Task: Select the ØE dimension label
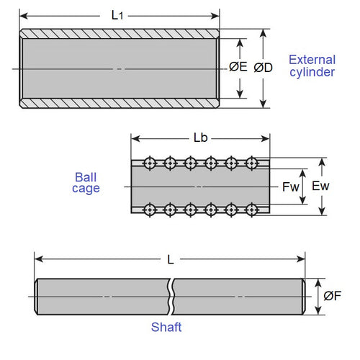coord(239,68)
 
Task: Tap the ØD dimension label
coord(264,68)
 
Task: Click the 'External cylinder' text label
coord(311,66)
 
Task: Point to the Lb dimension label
coord(201,137)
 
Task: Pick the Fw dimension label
coord(290,186)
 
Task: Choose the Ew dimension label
coord(320,186)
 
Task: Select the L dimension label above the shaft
coord(170,260)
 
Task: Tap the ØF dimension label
coord(332,296)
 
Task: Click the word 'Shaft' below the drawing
coord(166,328)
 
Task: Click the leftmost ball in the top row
coord(150,163)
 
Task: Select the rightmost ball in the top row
coord(252,163)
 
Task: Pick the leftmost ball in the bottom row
coord(150,210)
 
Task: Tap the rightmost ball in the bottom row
coord(252,210)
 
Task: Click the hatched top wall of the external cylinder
coord(119,33)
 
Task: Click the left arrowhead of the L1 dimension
coord(22,14)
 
